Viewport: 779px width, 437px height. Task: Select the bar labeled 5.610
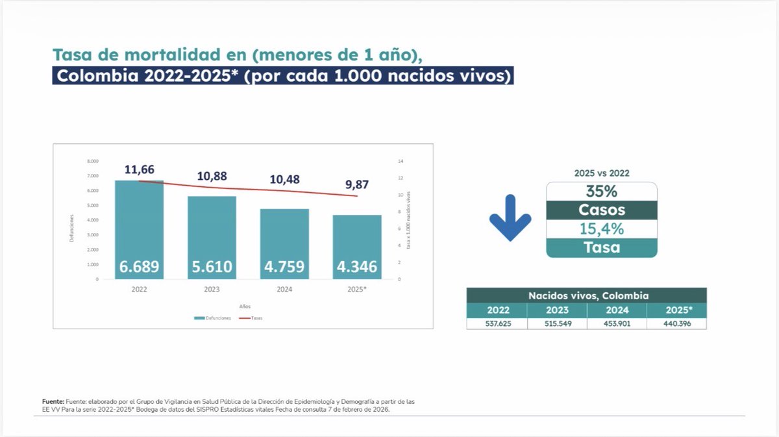click(212, 238)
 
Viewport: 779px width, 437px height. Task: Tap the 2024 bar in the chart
click(284, 244)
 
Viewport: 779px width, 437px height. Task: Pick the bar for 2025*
click(358, 247)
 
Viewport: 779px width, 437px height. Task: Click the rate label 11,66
click(140, 170)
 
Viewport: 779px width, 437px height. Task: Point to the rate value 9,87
click(357, 185)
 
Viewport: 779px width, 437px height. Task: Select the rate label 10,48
click(284, 179)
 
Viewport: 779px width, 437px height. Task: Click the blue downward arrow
click(510, 218)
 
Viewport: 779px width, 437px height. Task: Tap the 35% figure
click(602, 192)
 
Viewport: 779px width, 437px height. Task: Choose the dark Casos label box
click(602, 210)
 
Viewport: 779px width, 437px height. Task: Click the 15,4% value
click(602, 229)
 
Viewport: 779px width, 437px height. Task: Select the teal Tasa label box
click(602, 247)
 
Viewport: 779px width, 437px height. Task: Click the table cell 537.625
click(497, 323)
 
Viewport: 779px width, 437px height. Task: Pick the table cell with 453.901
click(617, 323)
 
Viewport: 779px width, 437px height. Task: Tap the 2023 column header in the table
click(557, 310)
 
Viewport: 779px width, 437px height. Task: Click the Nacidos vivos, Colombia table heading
click(586, 295)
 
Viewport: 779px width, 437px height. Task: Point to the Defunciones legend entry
click(212, 318)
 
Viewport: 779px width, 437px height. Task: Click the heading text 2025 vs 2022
click(602, 173)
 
